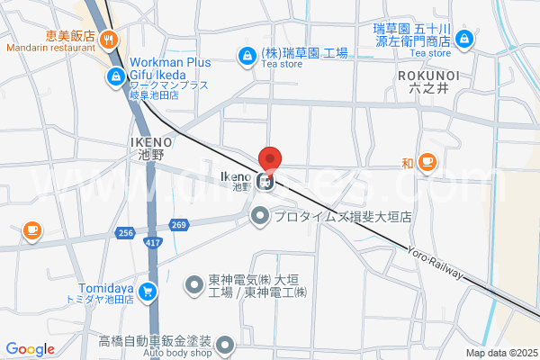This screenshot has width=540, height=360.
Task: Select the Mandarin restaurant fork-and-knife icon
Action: pyautogui.click(x=108, y=38)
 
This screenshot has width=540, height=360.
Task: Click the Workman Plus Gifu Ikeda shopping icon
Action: pyautogui.click(x=115, y=77)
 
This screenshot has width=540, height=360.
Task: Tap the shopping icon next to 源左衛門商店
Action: pyautogui.click(x=464, y=39)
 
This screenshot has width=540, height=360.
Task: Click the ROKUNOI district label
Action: pyautogui.click(x=427, y=76)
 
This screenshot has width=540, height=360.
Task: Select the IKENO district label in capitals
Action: pyautogui.click(x=150, y=142)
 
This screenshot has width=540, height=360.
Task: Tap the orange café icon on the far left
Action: pyautogui.click(x=32, y=230)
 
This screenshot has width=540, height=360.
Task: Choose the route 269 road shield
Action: pyautogui.click(x=179, y=225)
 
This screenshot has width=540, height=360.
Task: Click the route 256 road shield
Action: pyautogui.click(x=125, y=233)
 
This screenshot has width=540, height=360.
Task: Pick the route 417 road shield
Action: pyautogui.click(x=151, y=243)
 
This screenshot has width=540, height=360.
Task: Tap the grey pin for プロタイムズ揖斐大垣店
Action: pyautogui.click(x=260, y=216)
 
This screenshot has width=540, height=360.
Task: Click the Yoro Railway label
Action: pyautogui.click(x=435, y=263)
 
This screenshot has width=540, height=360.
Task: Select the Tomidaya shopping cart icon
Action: pyautogui.click(x=148, y=291)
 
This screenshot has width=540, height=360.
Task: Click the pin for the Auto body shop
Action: pyautogui.click(x=225, y=343)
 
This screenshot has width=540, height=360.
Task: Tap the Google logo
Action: pyautogui.click(x=31, y=349)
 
